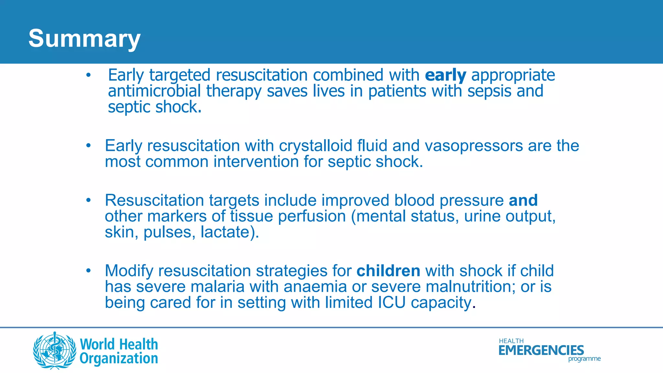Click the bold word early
point(445,75)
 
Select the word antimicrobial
point(154,91)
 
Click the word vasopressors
point(474,146)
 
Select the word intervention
point(256,162)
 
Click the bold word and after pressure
point(523,200)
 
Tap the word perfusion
point(312,216)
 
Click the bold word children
point(388,271)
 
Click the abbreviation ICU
point(391,303)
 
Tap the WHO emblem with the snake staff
point(55,351)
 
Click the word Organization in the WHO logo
point(119,359)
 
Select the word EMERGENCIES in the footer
point(541,350)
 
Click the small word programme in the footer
point(584,359)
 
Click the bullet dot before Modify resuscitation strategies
point(88,271)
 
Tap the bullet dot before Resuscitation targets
point(88,200)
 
